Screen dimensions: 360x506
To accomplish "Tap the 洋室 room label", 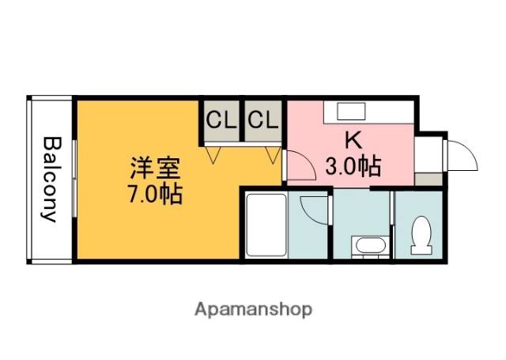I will pyautogui.click(x=156, y=169).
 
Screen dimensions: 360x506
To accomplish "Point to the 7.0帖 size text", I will pyautogui.click(x=156, y=193).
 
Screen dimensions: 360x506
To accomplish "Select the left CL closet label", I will pyautogui.click(x=221, y=120).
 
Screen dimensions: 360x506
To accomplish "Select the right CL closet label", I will pyautogui.click(x=263, y=120).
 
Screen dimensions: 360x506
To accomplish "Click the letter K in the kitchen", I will pyautogui.click(x=353, y=140).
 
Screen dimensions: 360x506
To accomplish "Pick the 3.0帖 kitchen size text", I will pyautogui.click(x=353, y=166).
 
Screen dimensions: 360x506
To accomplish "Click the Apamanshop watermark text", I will pyautogui.click(x=254, y=309).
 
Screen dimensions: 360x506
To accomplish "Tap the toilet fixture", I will pyautogui.click(x=421, y=235).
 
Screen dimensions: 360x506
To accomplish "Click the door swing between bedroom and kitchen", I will pyautogui.click(x=300, y=166).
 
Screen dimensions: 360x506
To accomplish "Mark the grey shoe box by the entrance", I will pyautogui.click(x=429, y=179).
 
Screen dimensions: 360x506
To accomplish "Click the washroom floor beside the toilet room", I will pyautogui.click(x=362, y=214).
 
